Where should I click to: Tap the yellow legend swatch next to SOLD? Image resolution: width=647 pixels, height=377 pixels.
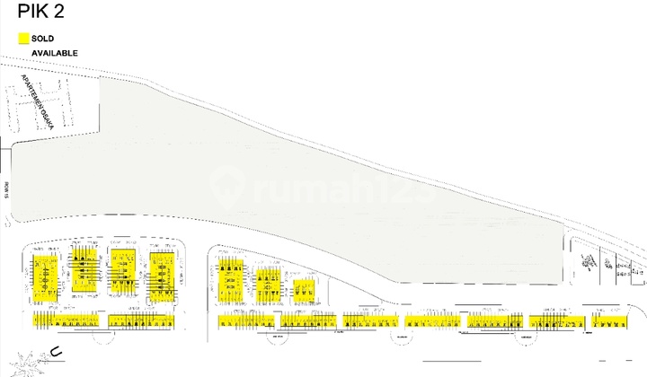click(x=23, y=39)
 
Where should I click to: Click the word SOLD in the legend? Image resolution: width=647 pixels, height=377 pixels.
click(x=43, y=39)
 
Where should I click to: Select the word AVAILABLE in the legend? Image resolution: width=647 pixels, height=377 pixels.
click(x=55, y=53)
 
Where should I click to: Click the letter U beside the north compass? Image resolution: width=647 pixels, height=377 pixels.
click(x=55, y=353)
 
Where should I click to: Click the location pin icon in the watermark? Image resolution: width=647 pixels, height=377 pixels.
click(x=226, y=187)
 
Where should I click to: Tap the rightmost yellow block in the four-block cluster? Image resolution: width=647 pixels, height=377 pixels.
click(x=162, y=273)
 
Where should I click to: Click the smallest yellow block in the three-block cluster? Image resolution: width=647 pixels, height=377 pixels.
click(x=304, y=288)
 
